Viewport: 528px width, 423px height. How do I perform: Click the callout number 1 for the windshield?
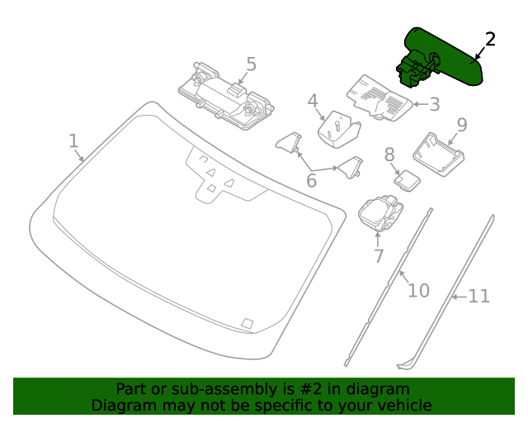(x=73, y=140)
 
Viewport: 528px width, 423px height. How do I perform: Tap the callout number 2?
(x=490, y=39)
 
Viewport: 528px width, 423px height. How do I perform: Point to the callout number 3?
(x=434, y=104)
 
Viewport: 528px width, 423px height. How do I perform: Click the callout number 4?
(x=313, y=102)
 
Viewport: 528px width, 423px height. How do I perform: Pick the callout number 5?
(x=251, y=64)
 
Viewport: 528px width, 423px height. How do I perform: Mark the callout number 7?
(x=379, y=256)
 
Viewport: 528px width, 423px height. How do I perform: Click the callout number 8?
(x=389, y=154)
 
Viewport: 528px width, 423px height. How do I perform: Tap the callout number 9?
(x=461, y=125)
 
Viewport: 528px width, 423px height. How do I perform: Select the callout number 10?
(x=419, y=290)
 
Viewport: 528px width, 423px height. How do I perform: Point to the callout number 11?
(x=479, y=296)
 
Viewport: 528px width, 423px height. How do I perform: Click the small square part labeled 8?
(x=407, y=179)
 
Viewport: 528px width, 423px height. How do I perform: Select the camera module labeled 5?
(x=226, y=93)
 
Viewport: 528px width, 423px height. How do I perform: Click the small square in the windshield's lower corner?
(x=247, y=323)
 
